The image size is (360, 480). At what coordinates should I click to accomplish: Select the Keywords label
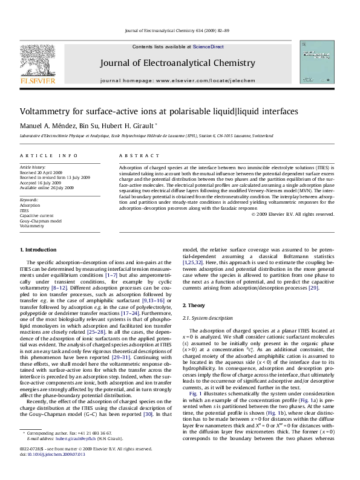[30, 198]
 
